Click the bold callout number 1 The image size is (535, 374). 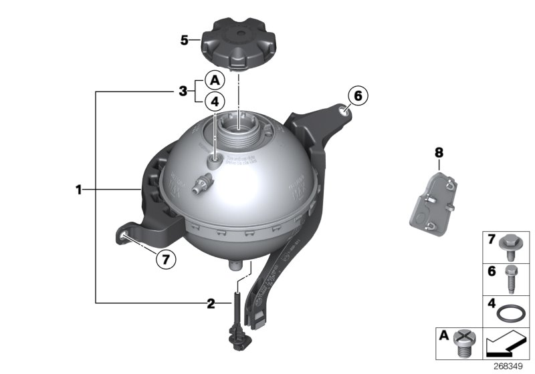[x=78, y=190]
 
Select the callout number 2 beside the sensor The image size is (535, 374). [x=211, y=304]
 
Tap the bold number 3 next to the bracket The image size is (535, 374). [x=182, y=91]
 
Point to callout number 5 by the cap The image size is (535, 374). [x=185, y=40]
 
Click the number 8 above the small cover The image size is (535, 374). [x=439, y=152]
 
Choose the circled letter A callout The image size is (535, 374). [x=215, y=80]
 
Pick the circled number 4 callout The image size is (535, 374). [x=215, y=102]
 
